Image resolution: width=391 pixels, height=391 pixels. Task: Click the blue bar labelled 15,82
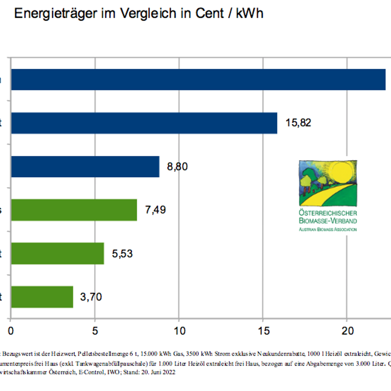(x=144, y=123)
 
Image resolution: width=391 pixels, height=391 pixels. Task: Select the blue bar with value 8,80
(x=85, y=167)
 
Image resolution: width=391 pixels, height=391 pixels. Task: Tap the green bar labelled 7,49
(x=74, y=210)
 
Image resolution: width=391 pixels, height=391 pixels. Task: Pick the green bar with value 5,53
(x=58, y=254)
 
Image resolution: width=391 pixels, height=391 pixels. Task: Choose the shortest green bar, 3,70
(x=42, y=297)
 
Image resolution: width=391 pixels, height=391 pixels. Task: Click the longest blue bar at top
(x=198, y=79)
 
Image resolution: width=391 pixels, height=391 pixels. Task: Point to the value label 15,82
(x=298, y=123)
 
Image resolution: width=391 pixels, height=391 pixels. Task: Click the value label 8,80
(x=177, y=167)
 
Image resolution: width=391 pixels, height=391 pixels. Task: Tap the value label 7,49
(x=155, y=210)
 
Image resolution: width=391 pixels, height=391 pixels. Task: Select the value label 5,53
(x=122, y=254)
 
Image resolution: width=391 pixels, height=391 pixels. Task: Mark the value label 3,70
(x=92, y=297)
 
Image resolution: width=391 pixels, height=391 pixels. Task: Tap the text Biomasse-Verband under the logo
(x=327, y=221)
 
